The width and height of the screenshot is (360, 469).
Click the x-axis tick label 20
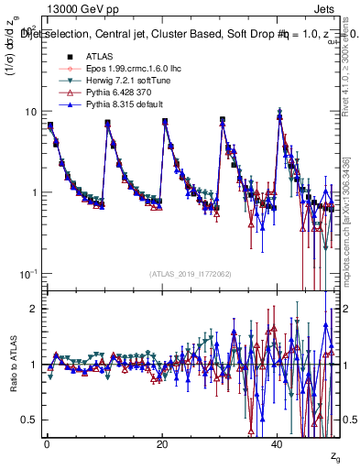[162, 444]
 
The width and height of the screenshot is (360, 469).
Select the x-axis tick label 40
[278, 444]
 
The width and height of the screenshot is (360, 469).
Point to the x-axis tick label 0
[46, 444]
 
